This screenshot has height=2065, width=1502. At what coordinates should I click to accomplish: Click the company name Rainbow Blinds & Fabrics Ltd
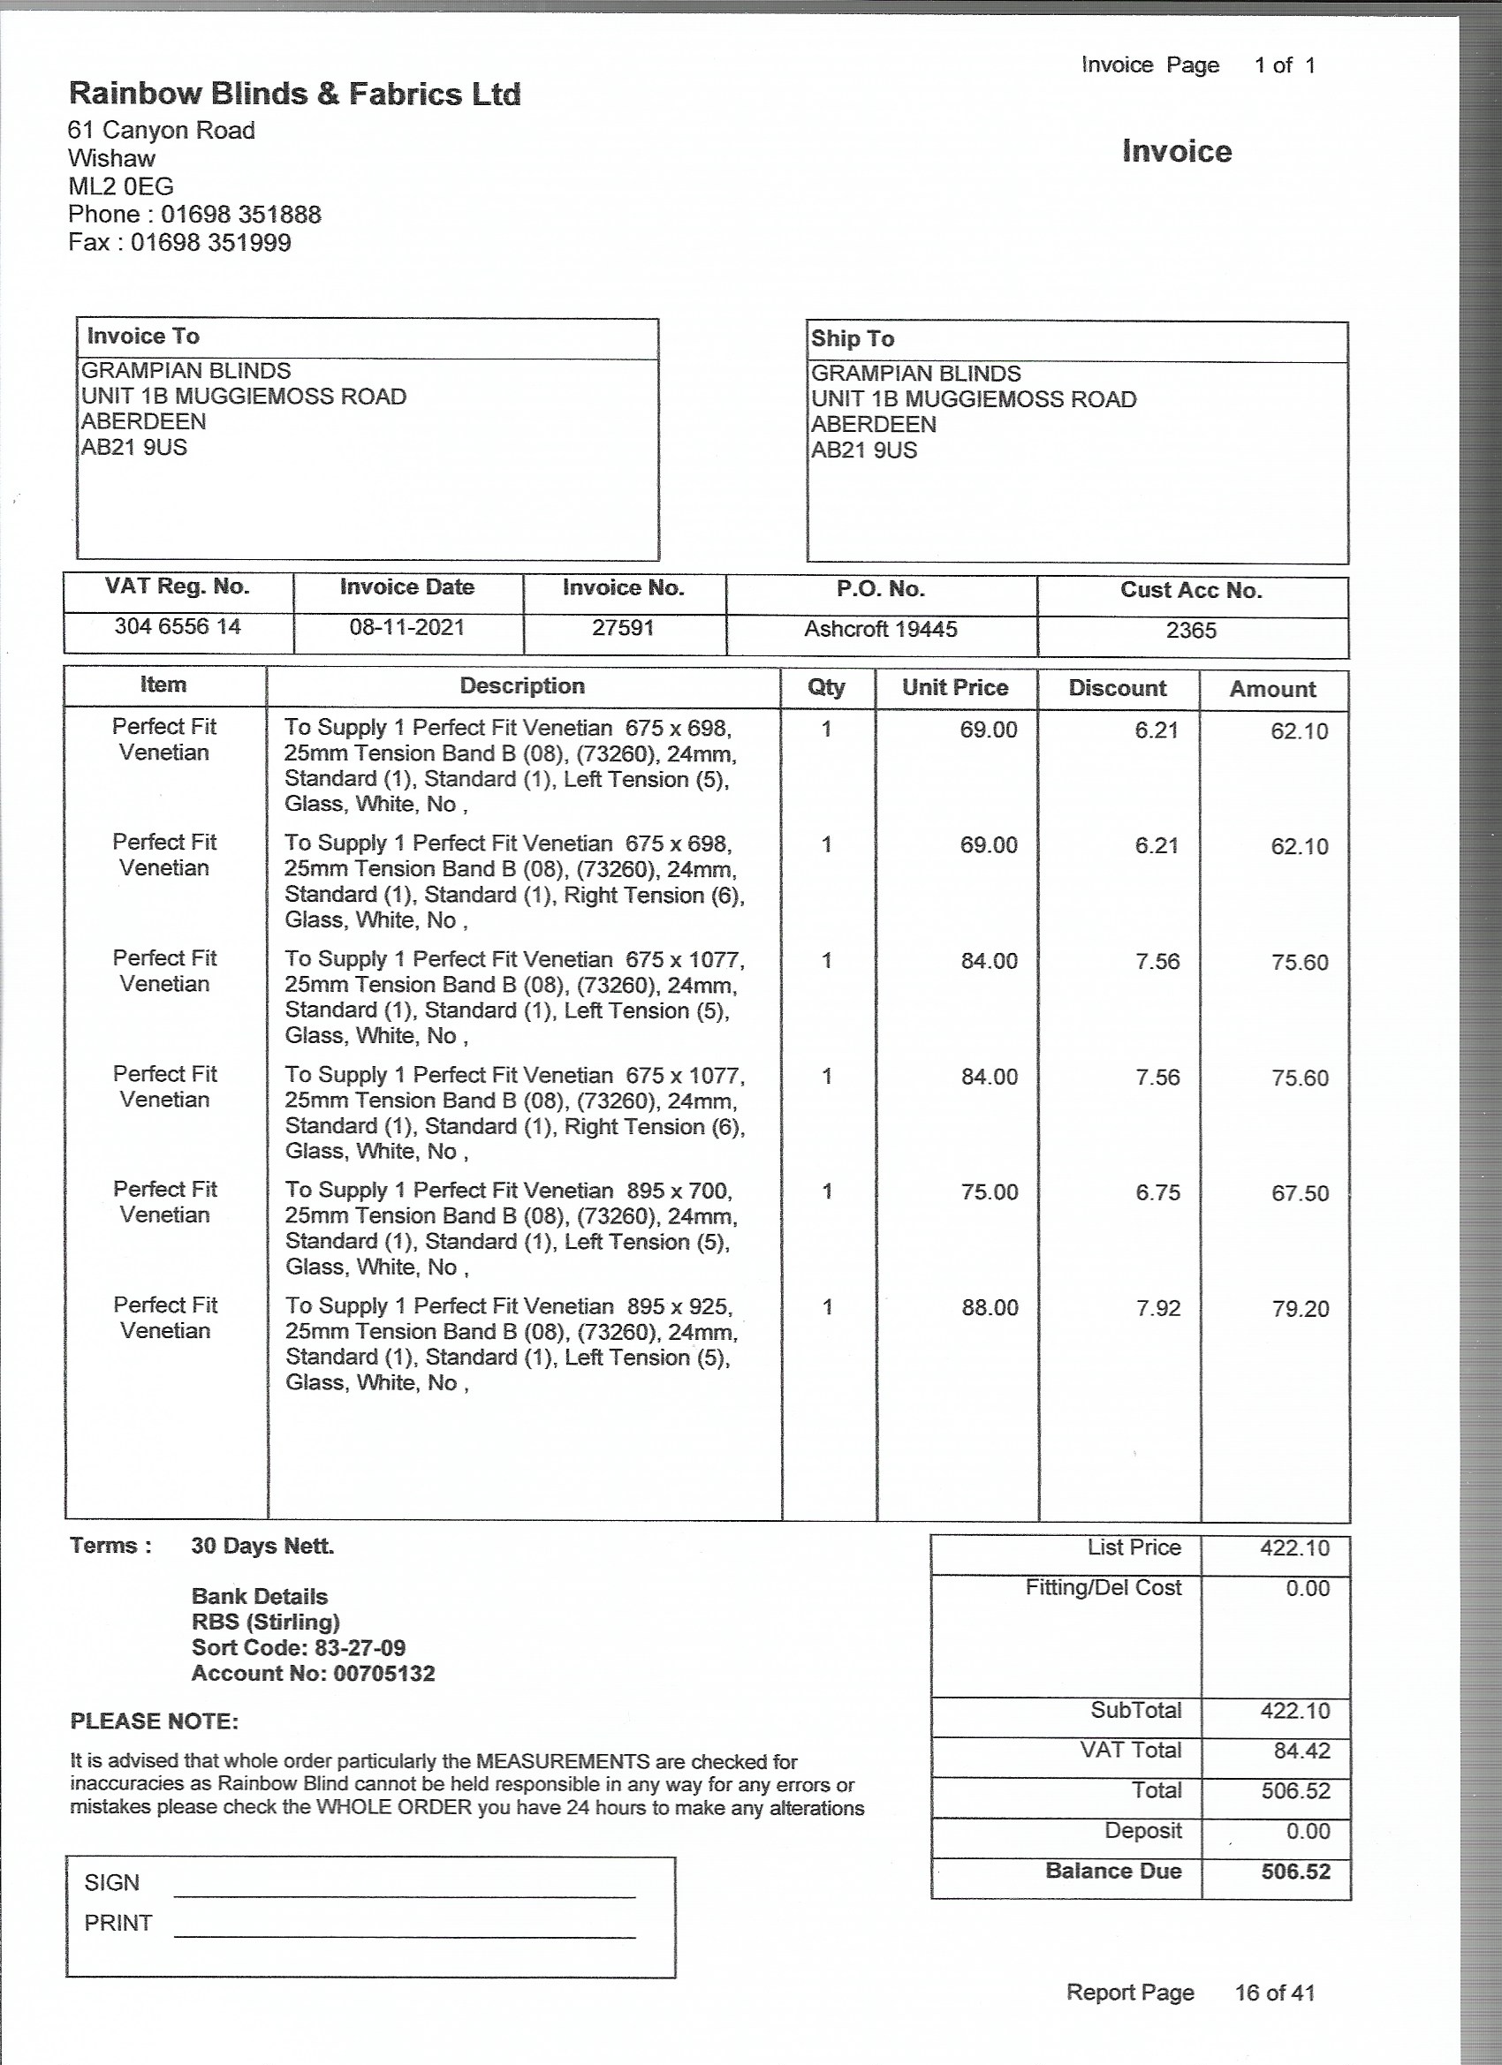pyautogui.click(x=294, y=94)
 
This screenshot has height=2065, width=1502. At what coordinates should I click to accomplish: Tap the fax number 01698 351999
pyautogui.click(x=210, y=243)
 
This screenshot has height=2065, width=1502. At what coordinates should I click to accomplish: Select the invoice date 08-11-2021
pyautogui.click(x=406, y=627)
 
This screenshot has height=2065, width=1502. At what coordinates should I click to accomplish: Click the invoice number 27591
pyautogui.click(x=623, y=628)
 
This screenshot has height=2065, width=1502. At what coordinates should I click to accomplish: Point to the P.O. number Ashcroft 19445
pyautogui.click(x=880, y=629)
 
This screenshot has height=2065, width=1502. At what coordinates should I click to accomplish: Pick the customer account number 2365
pyautogui.click(x=1190, y=631)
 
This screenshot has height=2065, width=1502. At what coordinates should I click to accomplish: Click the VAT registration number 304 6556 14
pyautogui.click(x=178, y=626)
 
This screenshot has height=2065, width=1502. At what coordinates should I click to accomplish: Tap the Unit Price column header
pyautogui.click(x=954, y=687)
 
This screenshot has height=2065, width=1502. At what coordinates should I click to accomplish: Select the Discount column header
pyautogui.click(x=1117, y=688)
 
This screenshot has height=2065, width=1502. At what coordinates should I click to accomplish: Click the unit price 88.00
pyautogui.click(x=990, y=1308)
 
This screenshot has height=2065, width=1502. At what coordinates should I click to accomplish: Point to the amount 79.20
pyautogui.click(x=1300, y=1309)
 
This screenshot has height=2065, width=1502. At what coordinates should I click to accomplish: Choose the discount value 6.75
pyautogui.click(x=1157, y=1192)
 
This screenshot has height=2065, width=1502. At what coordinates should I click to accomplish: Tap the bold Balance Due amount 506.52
pyautogui.click(x=1295, y=1872)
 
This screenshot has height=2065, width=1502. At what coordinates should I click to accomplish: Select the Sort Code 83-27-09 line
pyautogui.click(x=298, y=1648)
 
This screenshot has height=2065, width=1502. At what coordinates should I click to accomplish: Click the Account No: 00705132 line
pyautogui.click(x=313, y=1674)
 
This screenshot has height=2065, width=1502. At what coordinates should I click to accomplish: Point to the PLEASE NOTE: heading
pyautogui.click(x=154, y=1721)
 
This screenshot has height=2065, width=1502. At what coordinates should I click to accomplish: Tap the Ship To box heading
pyautogui.click(x=853, y=338)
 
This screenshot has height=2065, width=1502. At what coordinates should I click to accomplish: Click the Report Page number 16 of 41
pyautogui.click(x=1274, y=1993)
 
